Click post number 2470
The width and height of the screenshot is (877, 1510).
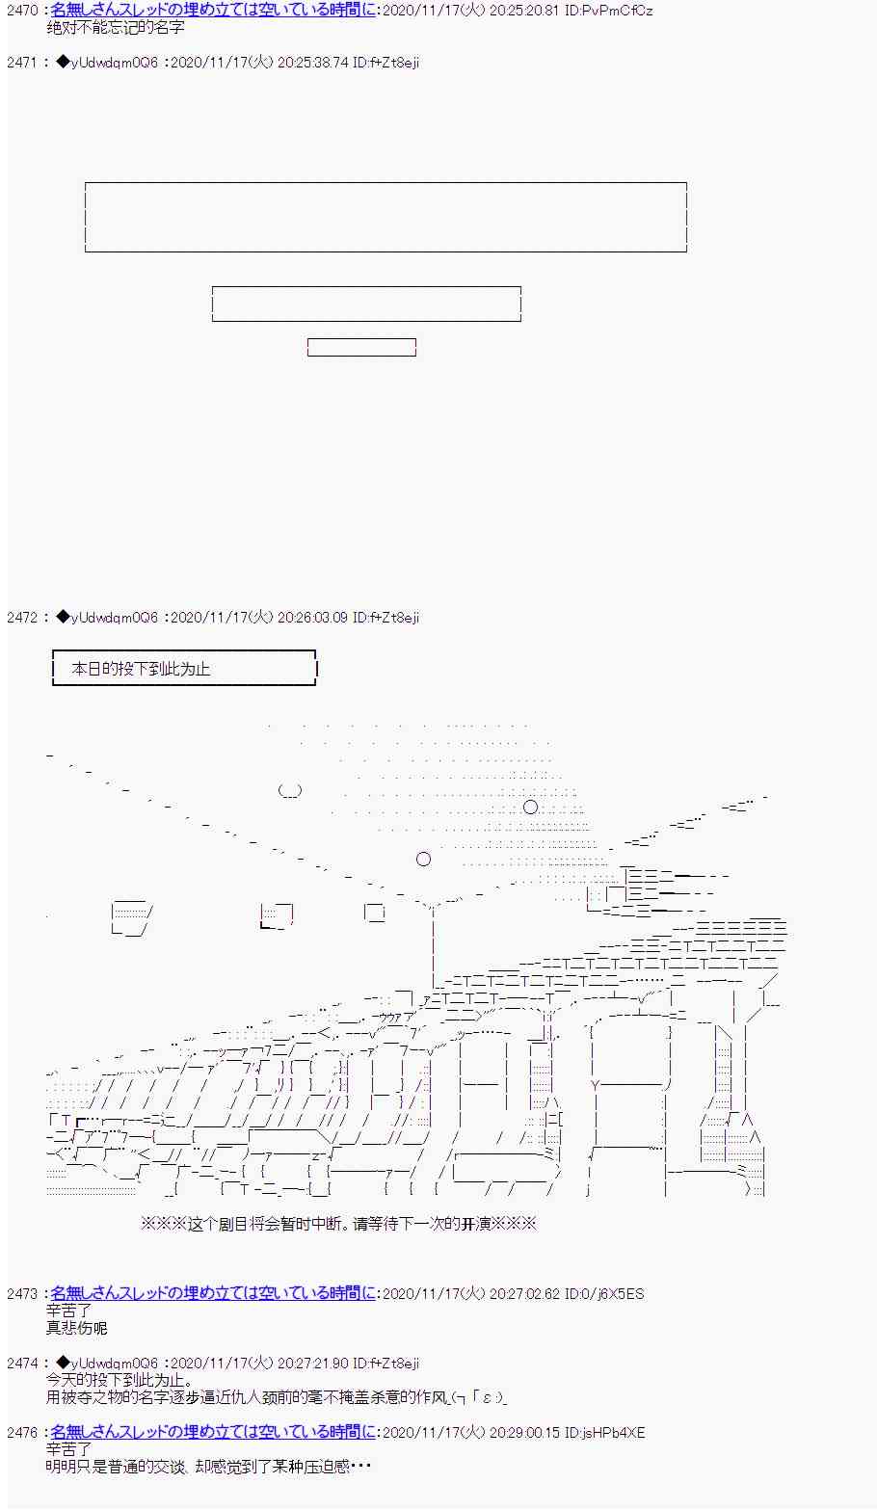pyautogui.click(x=22, y=10)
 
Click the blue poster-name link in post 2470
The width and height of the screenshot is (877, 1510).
pyautogui.click(x=214, y=10)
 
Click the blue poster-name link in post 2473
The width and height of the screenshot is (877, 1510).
pyautogui.click(x=214, y=1293)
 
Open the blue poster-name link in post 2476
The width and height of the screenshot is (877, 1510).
pyautogui.click(x=214, y=1431)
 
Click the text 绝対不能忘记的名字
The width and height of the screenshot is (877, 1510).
pyautogui.click(x=116, y=28)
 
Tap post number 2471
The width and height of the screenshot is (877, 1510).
pyautogui.click(x=22, y=62)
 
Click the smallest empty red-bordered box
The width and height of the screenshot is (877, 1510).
pyautogui.click(x=361, y=347)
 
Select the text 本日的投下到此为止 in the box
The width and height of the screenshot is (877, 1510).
pyautogui.click(x=141, y=669)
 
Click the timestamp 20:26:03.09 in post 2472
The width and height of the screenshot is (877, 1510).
pyautogui.click(x=313, y=617)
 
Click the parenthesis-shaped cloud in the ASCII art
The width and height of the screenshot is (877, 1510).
pyautogui.click(x=290, y=790)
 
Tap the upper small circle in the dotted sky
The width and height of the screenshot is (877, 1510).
pyautogui.click(x=530, y=807)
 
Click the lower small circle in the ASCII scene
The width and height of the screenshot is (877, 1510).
pyautogui.click(x=423, y=859)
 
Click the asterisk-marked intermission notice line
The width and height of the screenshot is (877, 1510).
pyautogui.click(x=338, y=1223)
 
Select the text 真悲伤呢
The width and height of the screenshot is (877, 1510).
pyautogui.click(x=76, y=1328)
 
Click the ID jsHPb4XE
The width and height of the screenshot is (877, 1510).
pyautogui.click(x=604, y=1432)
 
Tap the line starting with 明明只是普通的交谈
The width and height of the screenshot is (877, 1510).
pyautogui.click(x=208, y=1467)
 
